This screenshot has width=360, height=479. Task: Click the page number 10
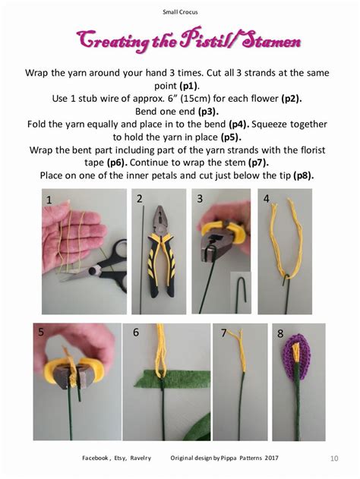pyautogui.click(x=334, y=459)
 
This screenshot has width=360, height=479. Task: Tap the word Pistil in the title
pyautogui.click(x=207, y=41)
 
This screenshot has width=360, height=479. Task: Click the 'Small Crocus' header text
pyautogui.click(x=180, y=12)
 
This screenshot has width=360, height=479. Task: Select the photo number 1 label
pyautogui.click(x=49, y=200)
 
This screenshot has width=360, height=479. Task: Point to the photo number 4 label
pyautogui.click(x=266, y=199)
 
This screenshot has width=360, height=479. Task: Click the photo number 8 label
pyautogui.click(x=280, y=333)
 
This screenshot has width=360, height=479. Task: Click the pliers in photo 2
pyautogui.click(x=162, y=251)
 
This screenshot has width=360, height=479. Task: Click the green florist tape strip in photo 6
pyautogui.click(x=172, y=379)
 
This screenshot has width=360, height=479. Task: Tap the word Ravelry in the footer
pyautogui.click(x=141, y=458)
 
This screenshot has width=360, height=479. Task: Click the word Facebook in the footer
pyautogui.click(x=96, y=458)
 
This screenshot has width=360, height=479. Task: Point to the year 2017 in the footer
pyautogui.click(x=271, y=458)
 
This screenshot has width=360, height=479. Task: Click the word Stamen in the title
pyautogui.click(x=271, y=41)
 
